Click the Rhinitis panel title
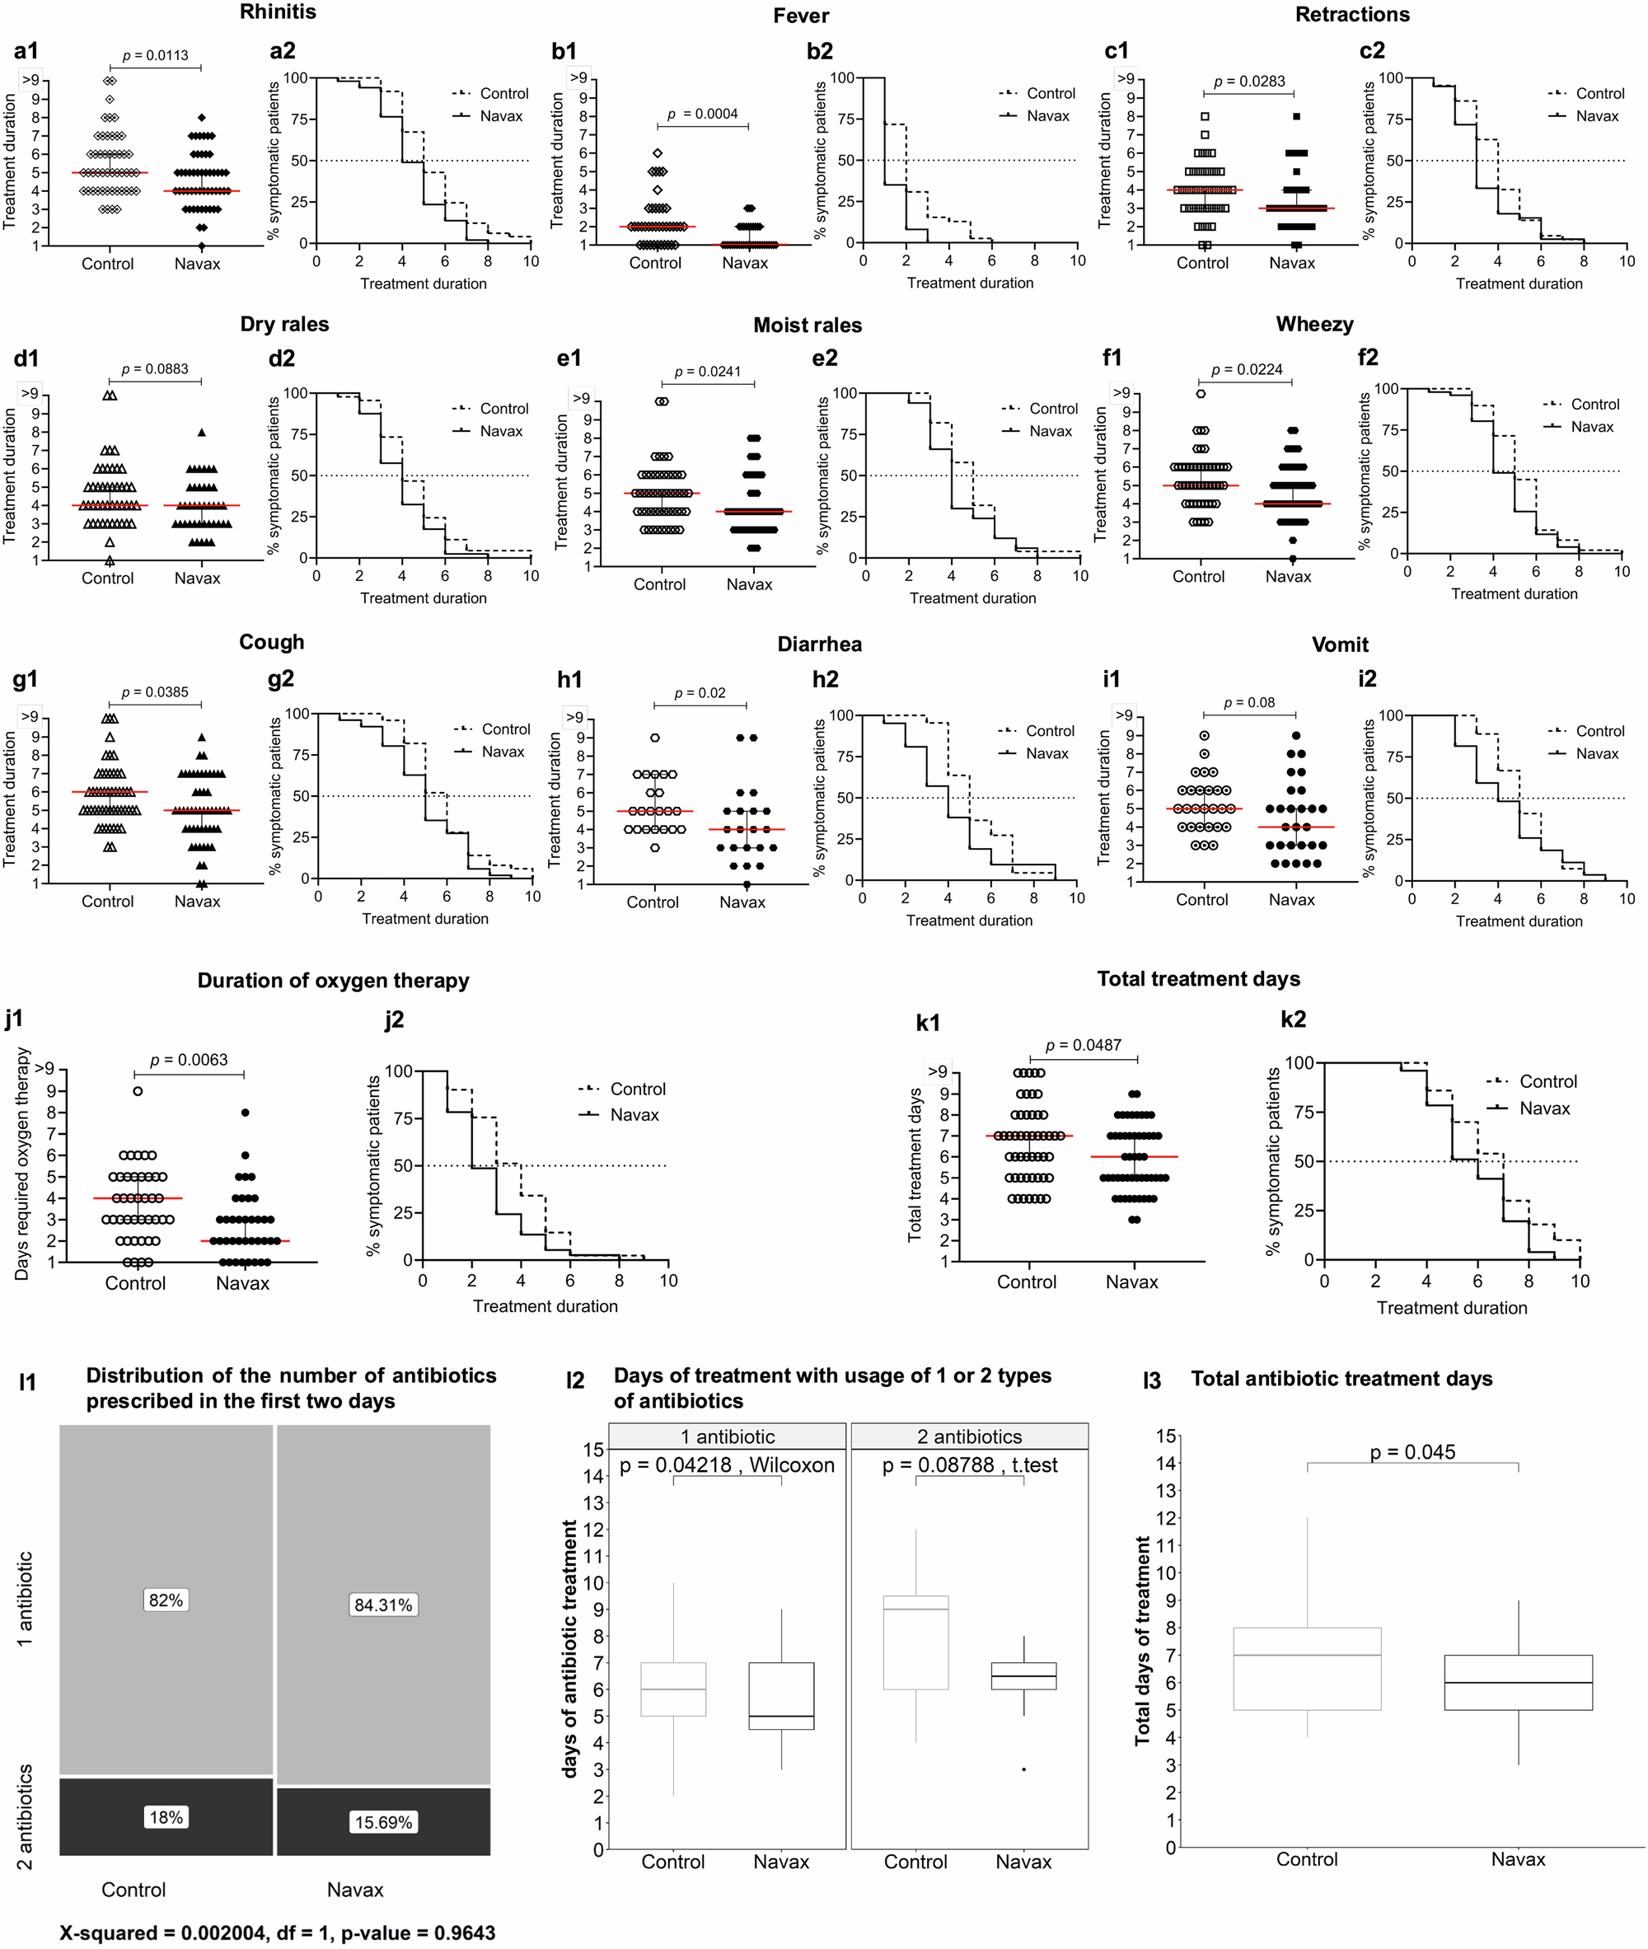278,12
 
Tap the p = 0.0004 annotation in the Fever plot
703,114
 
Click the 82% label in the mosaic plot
166,1600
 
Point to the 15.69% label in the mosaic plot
383,1822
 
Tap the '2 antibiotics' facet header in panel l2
969,1436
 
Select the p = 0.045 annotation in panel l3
1412,1452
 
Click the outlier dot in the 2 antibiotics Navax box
1024,1769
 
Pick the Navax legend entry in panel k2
1543,1108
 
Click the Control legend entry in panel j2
636,1089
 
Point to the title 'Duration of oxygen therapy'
333,980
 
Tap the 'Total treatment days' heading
1198,978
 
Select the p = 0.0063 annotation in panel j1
189,1060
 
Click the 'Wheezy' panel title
1313,324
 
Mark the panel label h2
825,679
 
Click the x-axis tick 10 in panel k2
1580,1281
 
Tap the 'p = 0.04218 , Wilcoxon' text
727,1465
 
